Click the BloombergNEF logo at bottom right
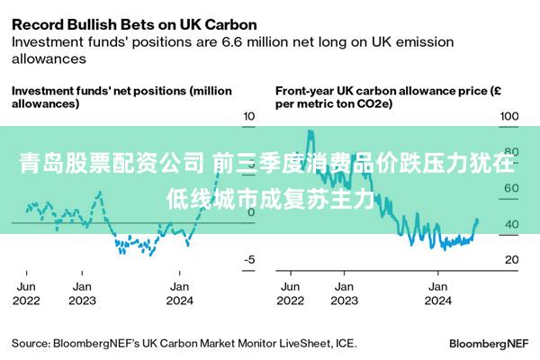tap(489, 344)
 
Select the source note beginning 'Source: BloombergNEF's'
tap(184, 343)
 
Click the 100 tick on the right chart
tap(509, 116)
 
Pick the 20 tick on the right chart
tap(509, 259)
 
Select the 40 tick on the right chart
tap(509, 224)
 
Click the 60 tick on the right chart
tap(509, 188)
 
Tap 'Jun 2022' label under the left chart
tap(26, 292)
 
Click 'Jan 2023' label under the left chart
tap(82, 292)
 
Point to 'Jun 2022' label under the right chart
tap(291, 292)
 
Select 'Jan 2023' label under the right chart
tap(343, 292)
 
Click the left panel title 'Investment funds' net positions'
tap(121, 97)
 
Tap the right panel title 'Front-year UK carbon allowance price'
tap(387, 97)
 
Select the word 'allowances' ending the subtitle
tap(49, 58)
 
